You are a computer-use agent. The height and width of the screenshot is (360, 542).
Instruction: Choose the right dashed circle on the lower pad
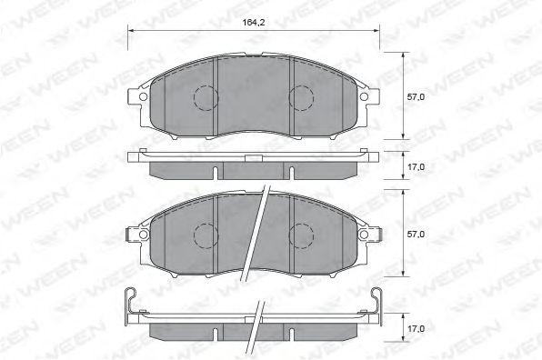tap(302, 235)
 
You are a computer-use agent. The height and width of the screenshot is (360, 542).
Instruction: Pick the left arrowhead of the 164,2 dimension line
tap(130, 30)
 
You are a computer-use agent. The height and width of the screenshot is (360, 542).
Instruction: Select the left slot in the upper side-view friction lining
tap(215, 172)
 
